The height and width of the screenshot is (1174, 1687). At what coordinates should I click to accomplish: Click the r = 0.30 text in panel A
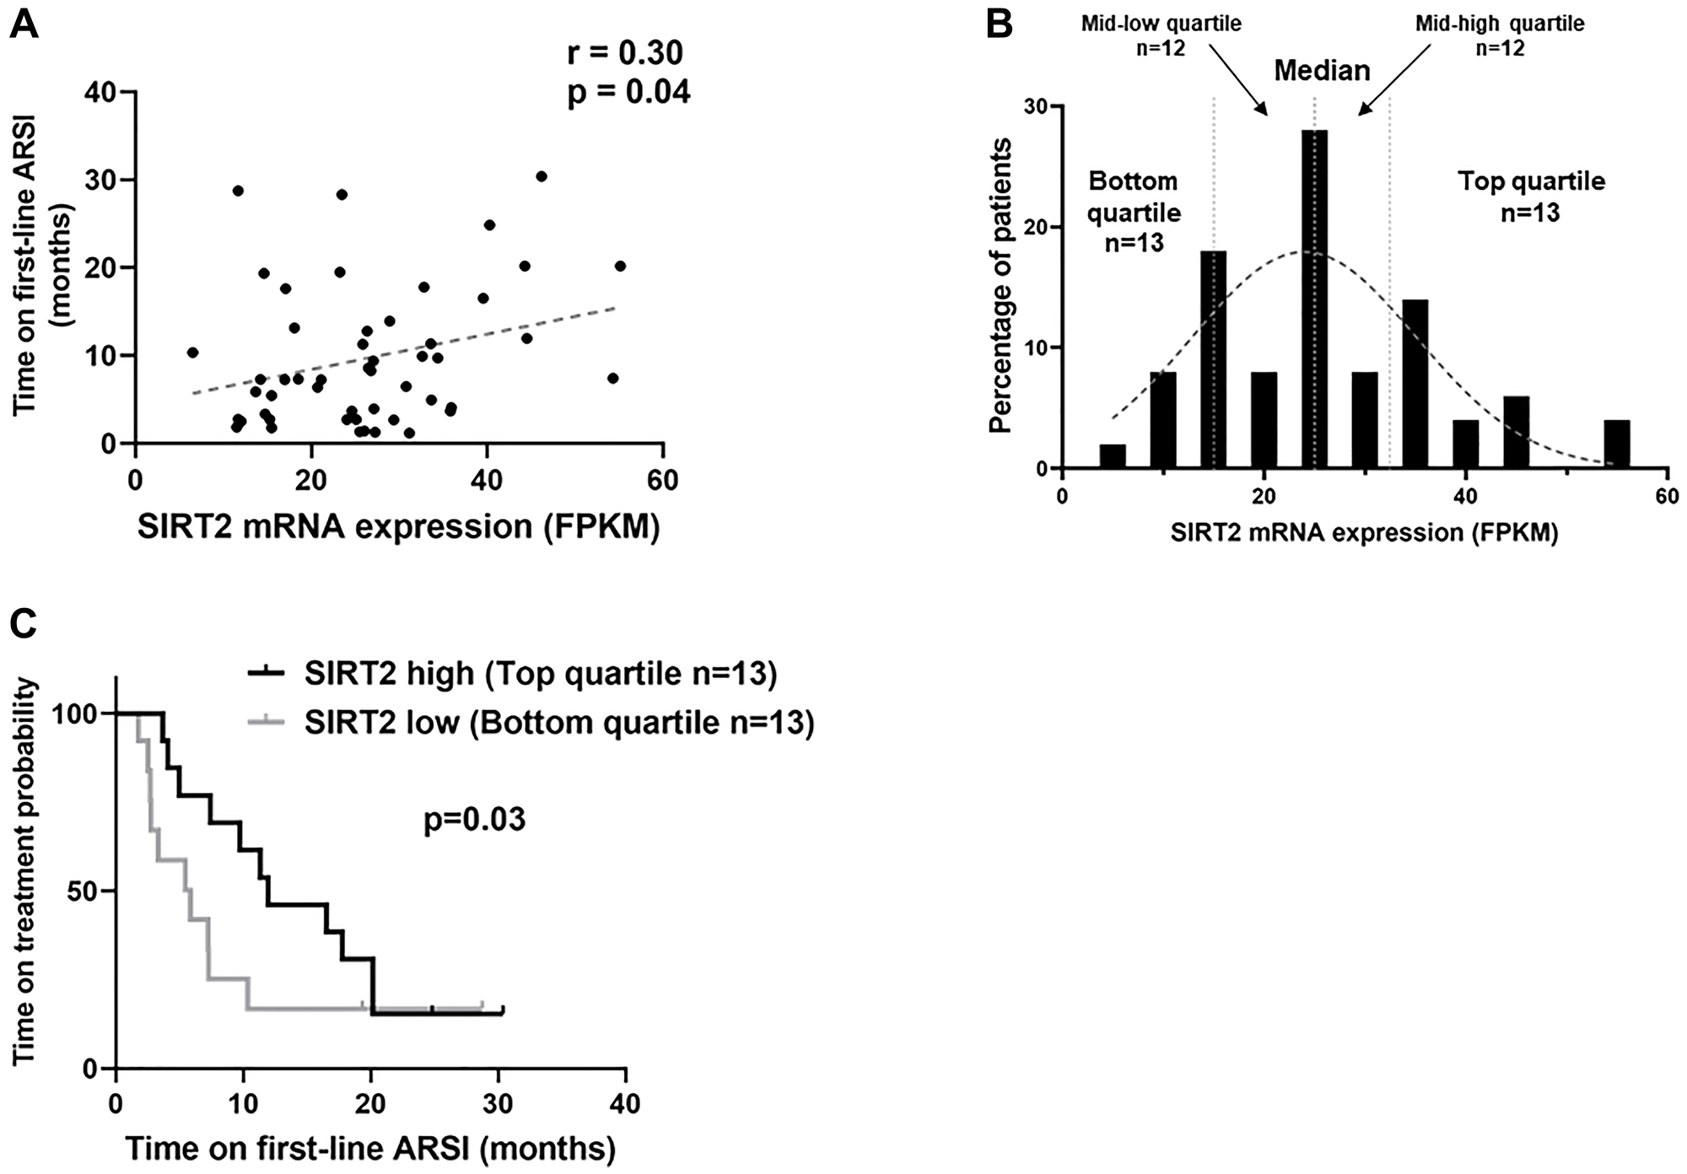tap(624, 52)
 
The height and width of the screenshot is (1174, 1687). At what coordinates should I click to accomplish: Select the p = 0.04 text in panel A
tap(628, 91)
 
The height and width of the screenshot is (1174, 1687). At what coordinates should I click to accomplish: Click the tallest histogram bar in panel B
tap(1314, 299)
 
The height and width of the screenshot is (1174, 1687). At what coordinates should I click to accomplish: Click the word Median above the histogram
tap(1322, 70)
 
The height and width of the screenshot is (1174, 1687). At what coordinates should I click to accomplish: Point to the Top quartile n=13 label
tap(1531, 196)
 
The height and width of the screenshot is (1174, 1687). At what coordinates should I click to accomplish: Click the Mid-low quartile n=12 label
tap(1161, 35)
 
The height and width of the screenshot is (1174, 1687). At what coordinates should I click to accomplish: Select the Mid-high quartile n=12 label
tap(1500, 35)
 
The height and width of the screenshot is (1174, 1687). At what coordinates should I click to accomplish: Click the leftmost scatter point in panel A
tap(192, 353)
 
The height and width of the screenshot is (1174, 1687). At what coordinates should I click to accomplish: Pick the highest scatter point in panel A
tap(542, 176)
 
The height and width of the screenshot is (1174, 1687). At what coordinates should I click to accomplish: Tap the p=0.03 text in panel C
tap(474, 819)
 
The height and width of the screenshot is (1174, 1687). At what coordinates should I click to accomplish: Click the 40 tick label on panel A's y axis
tap(100, 92)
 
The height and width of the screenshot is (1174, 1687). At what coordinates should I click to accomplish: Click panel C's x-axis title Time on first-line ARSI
tap(371, 1148)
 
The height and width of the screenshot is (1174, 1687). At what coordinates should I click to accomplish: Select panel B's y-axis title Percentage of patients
tap(1000, 287)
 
